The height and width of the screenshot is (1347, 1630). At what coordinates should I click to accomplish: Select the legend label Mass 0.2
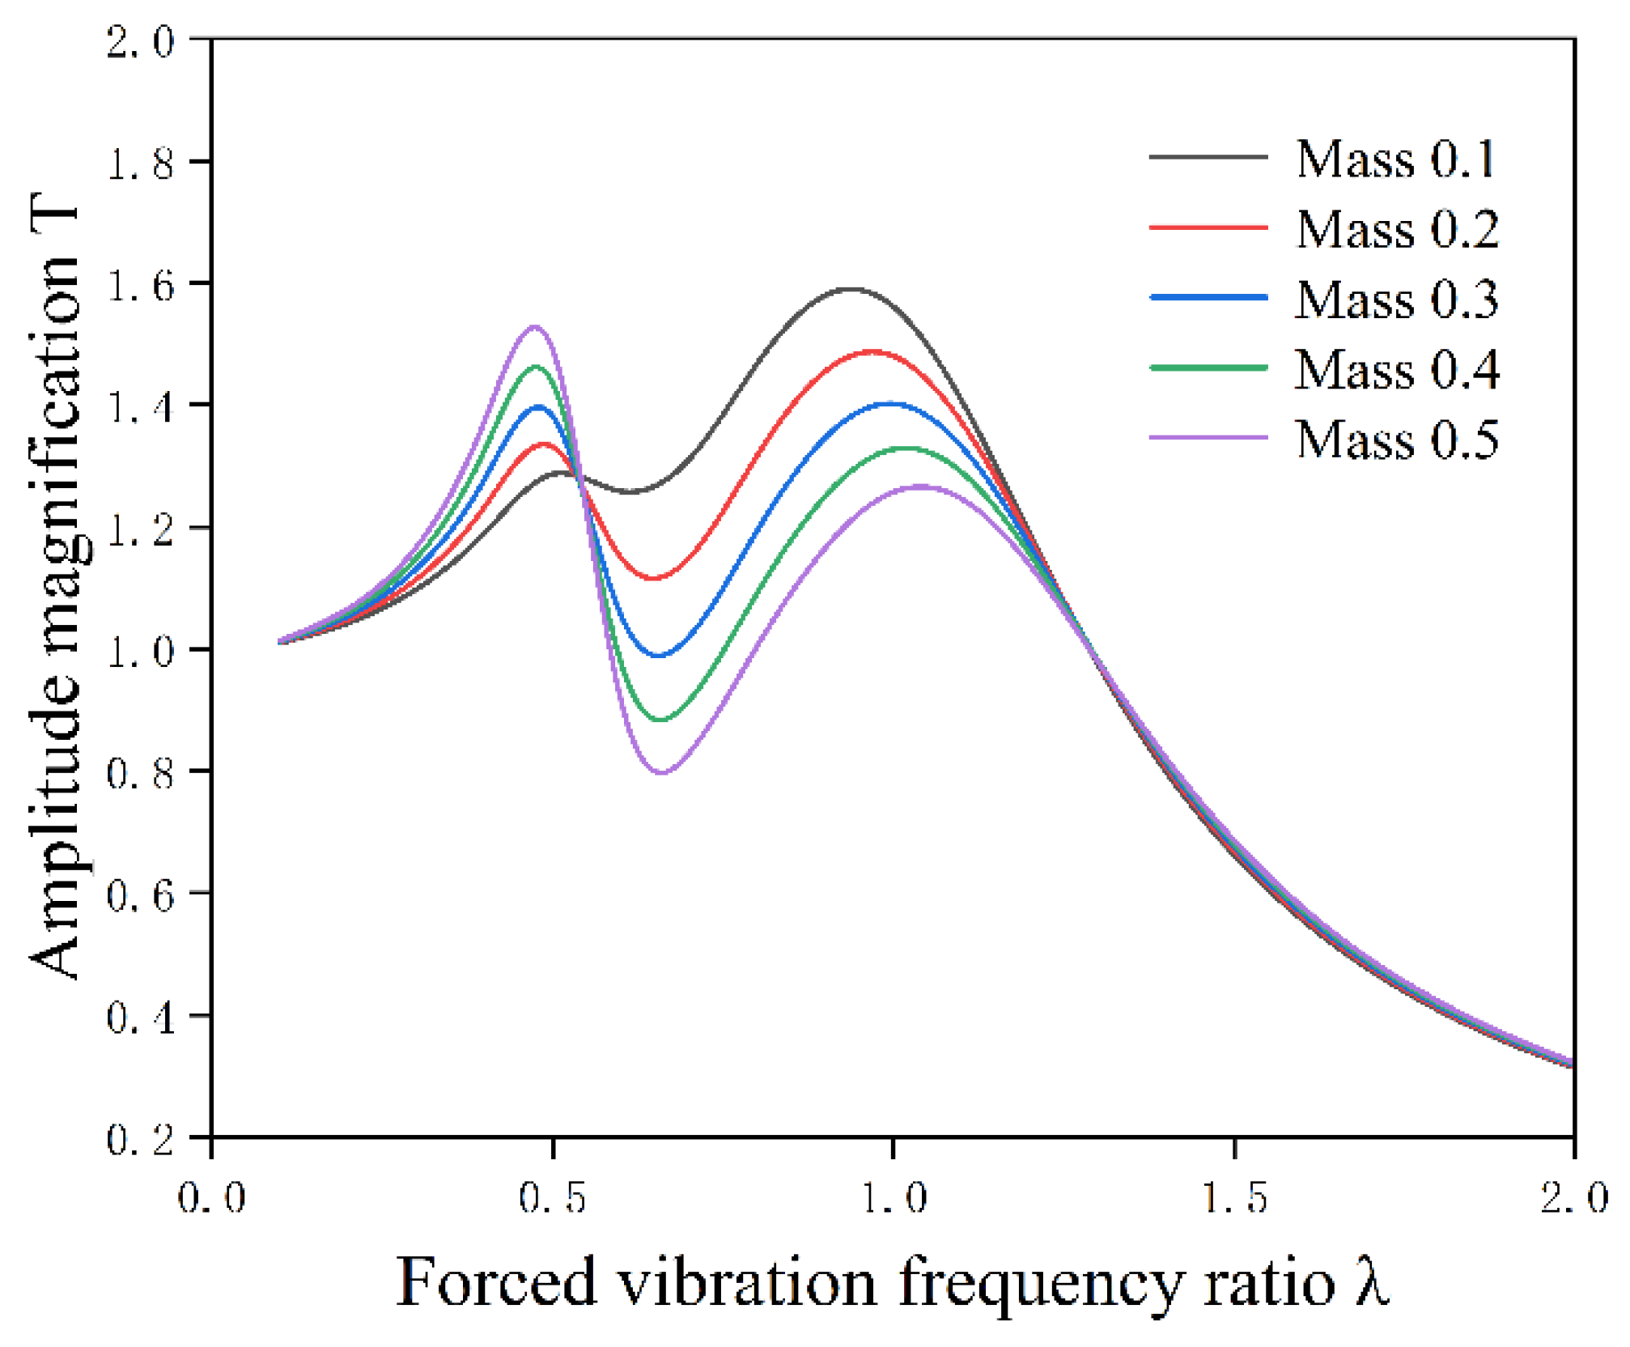(1397, 229)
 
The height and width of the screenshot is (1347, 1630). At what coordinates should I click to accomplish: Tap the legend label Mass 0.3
(1397, 300)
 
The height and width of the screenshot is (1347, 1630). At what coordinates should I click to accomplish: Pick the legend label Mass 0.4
(1397, 370)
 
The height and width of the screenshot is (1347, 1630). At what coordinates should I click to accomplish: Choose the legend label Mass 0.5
(1397, 440)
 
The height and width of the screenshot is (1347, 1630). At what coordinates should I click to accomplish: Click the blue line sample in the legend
(1208, 298)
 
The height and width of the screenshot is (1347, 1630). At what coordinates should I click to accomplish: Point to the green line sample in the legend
(1208, 368)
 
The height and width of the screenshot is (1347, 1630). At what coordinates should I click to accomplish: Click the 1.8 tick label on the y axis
(140, 163)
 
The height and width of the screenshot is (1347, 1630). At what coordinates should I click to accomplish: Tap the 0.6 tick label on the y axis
(140, 894)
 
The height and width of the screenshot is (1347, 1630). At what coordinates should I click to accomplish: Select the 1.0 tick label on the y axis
(140, 651)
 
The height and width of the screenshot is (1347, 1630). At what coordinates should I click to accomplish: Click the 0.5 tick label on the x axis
(553, 1196)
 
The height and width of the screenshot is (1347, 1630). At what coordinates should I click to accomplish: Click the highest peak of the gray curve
(851, 289)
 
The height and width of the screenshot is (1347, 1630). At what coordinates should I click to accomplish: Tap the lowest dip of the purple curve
(662, 772)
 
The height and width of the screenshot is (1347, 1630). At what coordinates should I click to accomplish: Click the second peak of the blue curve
(890, 403)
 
